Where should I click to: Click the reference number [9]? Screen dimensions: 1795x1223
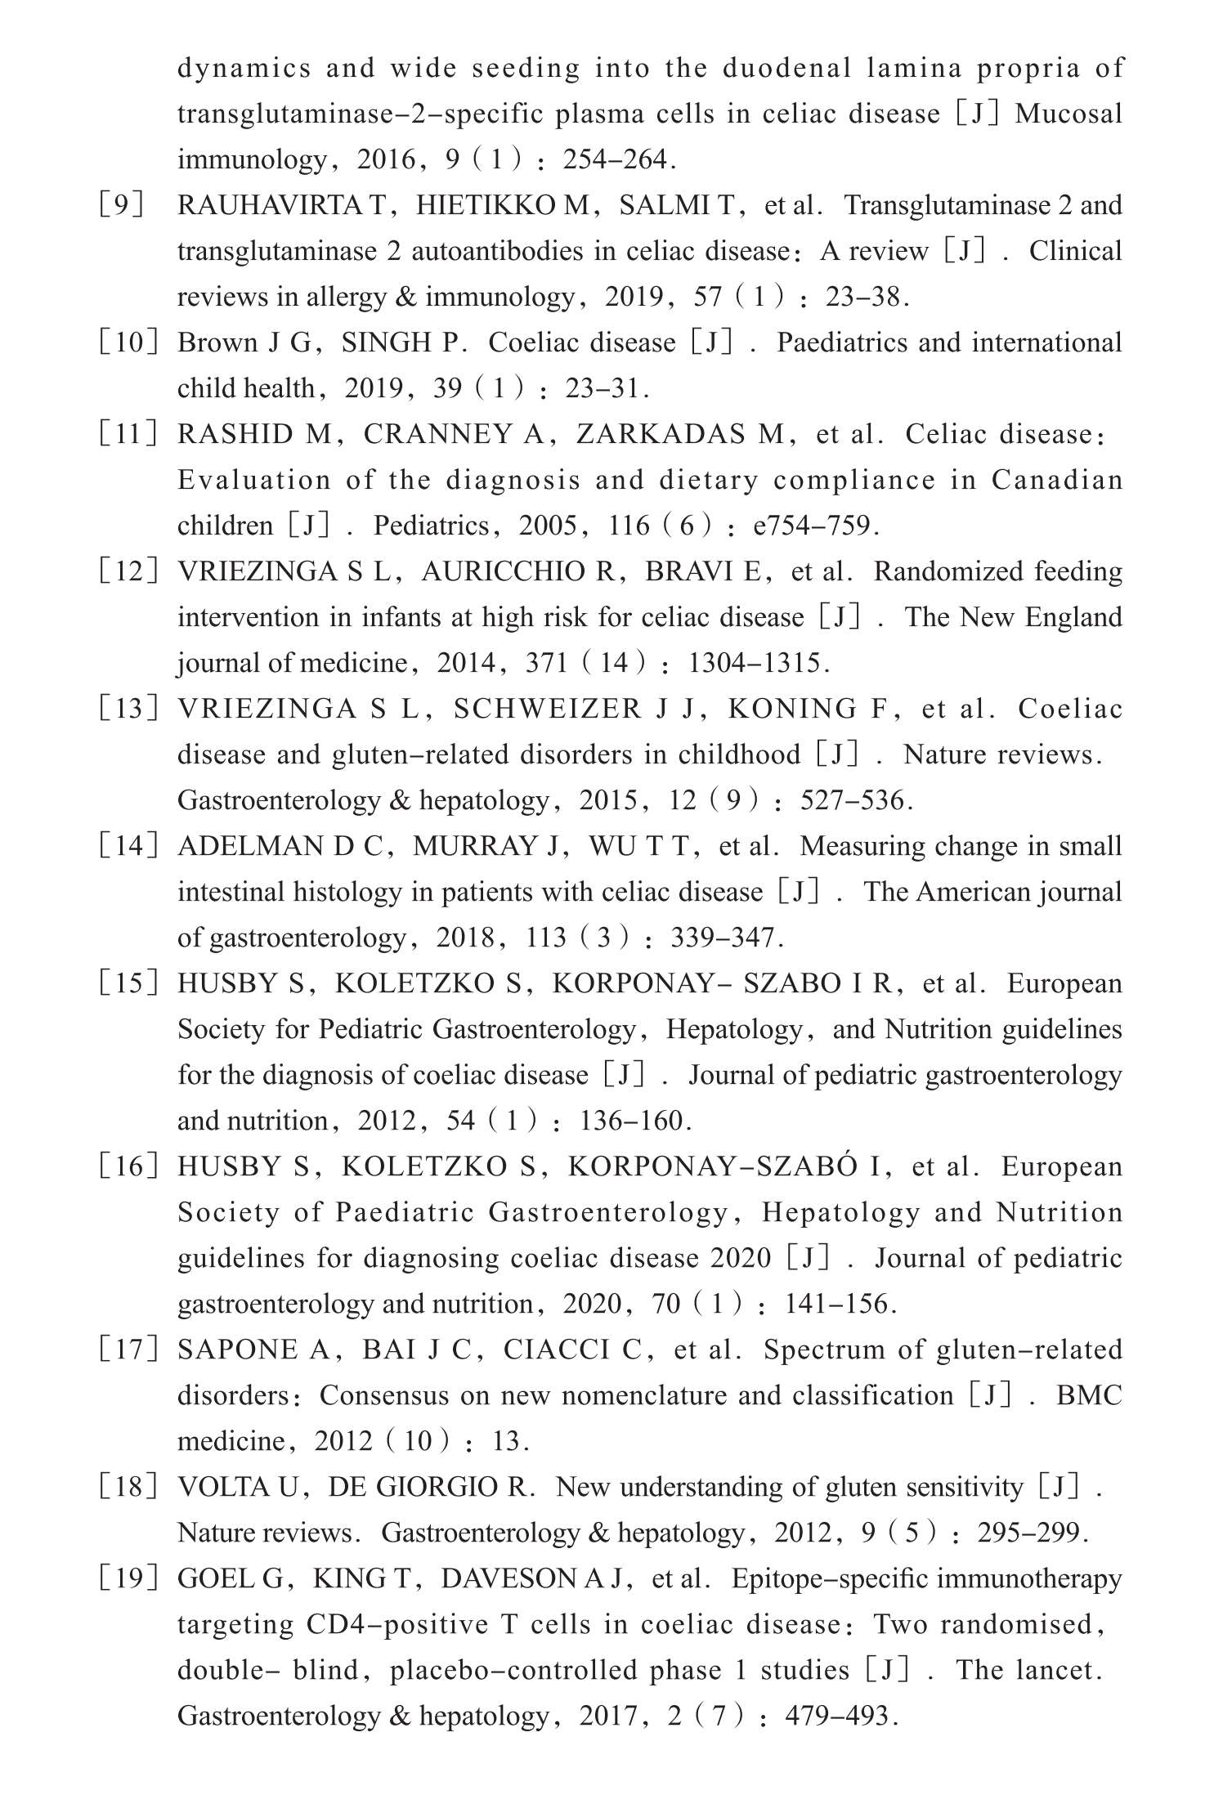click(x=121, y=205)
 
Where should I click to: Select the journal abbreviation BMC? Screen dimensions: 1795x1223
click(x=1089, y=1395)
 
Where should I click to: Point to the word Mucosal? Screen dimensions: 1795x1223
click(x=1068, y=114)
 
